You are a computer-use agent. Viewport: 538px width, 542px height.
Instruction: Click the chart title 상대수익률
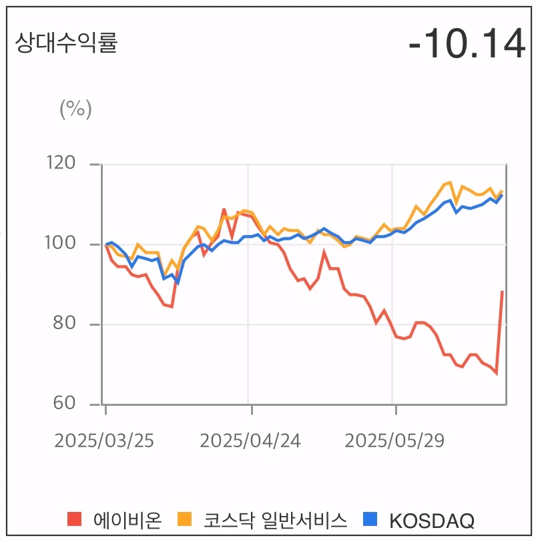click(x=66, y=43)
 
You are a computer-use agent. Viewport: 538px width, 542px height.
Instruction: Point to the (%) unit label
click(x=75, y=108)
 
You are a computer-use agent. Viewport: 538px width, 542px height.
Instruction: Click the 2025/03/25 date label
click(x=104, y=441)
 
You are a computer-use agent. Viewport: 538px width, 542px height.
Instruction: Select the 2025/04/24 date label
click(x=250, y=441)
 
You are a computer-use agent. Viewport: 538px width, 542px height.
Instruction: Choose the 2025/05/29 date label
click(x=394, y=441)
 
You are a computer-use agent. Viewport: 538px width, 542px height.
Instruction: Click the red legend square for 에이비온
click(x=75, y=519)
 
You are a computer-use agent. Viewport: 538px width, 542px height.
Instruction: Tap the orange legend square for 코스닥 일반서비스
click(x=184, y=519)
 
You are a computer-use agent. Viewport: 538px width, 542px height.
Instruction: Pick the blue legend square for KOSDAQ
click(x=370, y=519)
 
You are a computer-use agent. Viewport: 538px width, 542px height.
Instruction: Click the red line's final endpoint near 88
click(x=502, y=292)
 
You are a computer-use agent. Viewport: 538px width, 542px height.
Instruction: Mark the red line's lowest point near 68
click(x=496, y=373)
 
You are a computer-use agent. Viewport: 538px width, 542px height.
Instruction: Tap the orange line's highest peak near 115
click(x=451, y=182)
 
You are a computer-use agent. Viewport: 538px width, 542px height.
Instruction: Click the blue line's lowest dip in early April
click(x=177, y=282)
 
